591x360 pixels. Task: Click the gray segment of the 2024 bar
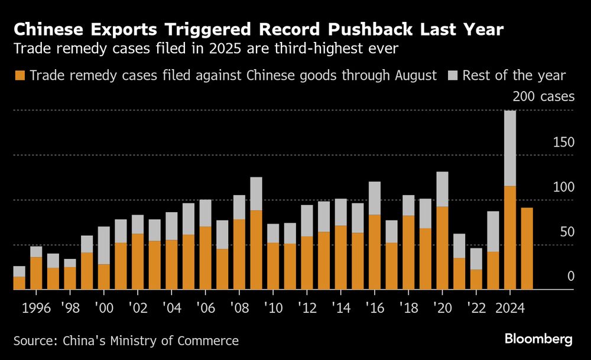pos(509,148)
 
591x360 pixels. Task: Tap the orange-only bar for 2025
pos(526,248)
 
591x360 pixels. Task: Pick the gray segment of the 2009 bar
pos(256,194)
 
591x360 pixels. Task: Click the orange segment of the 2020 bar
pos(441,248)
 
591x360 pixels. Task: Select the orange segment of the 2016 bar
pos(374,252)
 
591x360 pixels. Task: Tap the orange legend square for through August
pos(20,76)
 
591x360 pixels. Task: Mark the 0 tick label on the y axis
pos(571,276)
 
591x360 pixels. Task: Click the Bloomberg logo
pos(538,339)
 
